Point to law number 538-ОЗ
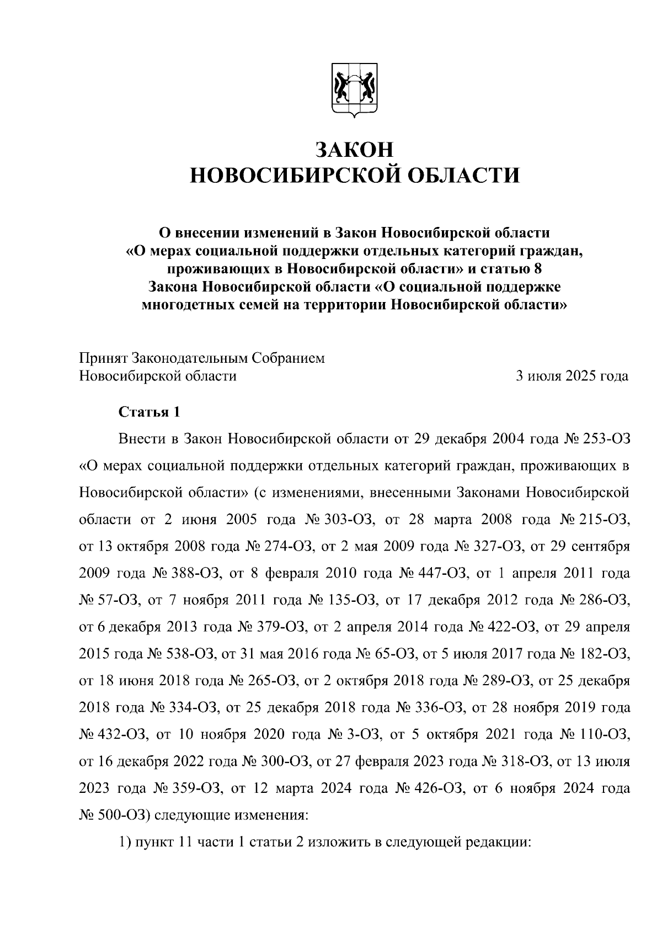pos(192,654)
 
